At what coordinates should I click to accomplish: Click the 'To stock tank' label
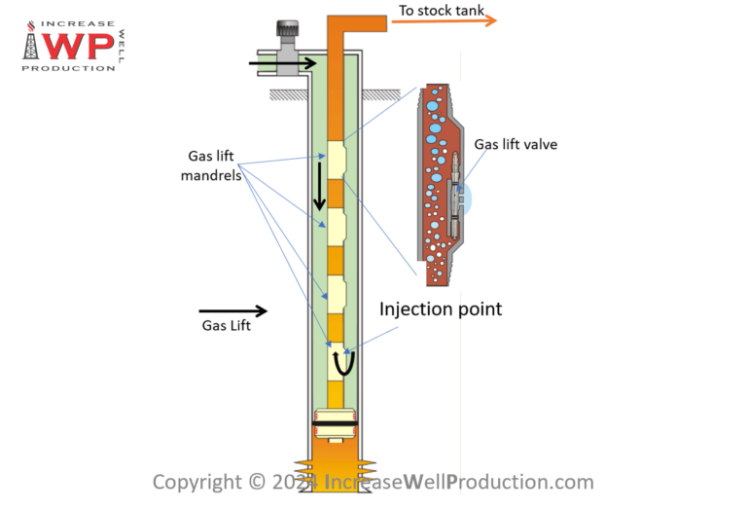[442, 11]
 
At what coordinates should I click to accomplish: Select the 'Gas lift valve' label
[516, 145]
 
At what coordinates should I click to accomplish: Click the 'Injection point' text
[440, 309]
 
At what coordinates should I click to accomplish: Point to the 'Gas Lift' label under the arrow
[226, 326]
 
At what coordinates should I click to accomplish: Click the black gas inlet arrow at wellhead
[283, 64]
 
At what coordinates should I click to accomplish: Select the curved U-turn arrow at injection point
[343, 363]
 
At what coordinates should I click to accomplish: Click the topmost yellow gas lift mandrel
[336, 161]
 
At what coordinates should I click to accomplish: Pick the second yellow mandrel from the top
[336, 227]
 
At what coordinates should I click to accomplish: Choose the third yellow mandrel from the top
[336, 295]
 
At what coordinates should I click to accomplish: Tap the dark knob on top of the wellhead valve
[287, 29]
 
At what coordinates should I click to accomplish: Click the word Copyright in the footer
[195, 482]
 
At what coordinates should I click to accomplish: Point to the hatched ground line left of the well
[289, 93]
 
